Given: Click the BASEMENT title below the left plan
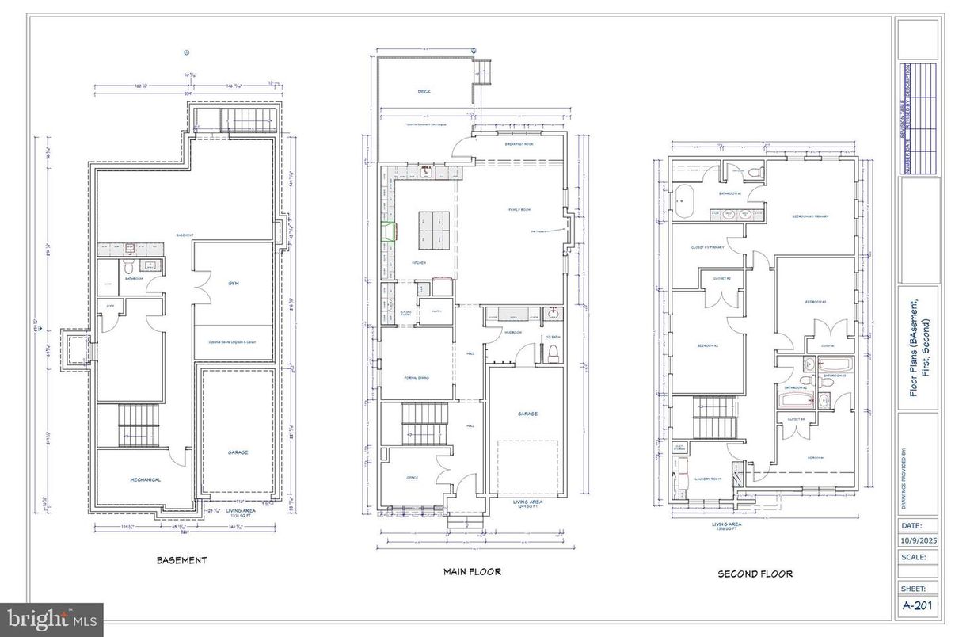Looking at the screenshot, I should point(181,560).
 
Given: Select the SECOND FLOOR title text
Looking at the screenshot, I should point(755,574).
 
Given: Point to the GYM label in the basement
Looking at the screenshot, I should point(233,283).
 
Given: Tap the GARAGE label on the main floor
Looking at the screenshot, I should point(527,414).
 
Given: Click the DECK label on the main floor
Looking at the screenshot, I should point(424,92).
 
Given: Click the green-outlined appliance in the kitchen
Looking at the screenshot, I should point(388,231).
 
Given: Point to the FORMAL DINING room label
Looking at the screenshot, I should point(417,377).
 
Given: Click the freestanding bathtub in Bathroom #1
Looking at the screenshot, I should point(683,196).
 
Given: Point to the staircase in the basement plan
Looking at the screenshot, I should point(139,425).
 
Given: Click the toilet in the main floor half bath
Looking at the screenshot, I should point(554,352).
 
